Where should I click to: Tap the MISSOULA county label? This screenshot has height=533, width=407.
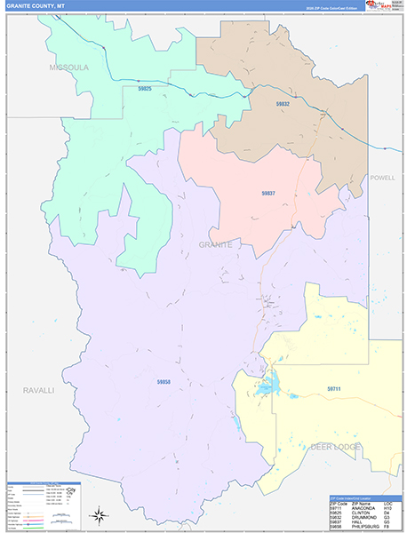coord(69,67)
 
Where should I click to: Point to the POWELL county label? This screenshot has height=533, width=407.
coord(383,178)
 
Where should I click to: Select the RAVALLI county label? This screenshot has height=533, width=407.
coord(38,390)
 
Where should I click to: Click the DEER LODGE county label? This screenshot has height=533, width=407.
coord(336,446)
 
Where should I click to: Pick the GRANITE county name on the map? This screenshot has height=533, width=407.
coord(216,244)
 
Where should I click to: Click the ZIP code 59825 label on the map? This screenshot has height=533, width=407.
coord(145,89)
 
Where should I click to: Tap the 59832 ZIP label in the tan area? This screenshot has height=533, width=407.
coord(283,104)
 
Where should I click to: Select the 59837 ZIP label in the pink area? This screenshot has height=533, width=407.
coord(268,193)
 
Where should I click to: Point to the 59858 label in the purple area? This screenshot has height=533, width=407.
coord(164,381)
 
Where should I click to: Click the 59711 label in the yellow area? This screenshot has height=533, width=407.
coord(334,388)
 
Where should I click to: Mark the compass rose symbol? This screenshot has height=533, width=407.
coord(100,514)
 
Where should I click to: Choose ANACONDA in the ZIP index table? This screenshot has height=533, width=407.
coord(361,509)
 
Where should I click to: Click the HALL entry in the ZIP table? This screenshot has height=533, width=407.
coord(355,522)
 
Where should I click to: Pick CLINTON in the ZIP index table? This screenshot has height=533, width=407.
coord(359,513)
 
